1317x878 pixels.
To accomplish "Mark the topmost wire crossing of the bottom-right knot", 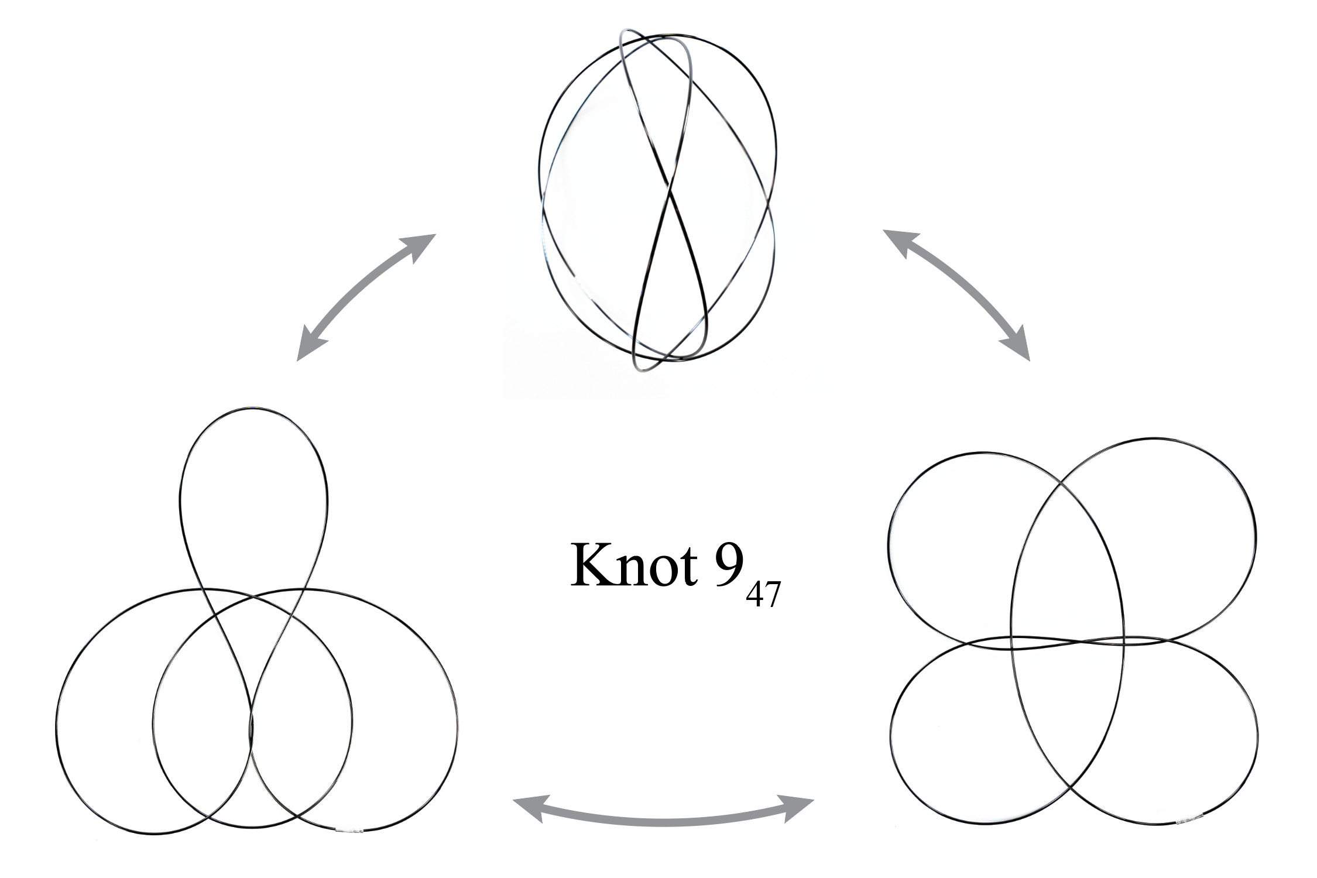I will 1061,484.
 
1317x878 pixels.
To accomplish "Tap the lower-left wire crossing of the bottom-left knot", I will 209,815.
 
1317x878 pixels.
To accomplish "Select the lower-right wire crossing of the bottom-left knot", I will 297,815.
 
